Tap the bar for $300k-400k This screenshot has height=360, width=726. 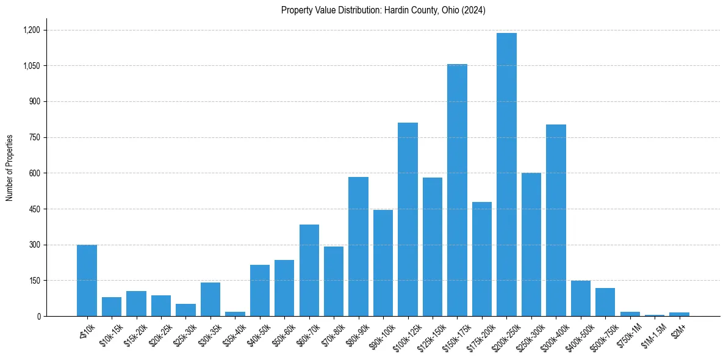pyautogui.click(x=556, y=220)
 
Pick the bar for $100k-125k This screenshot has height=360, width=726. pyautogui.click(x=408, y=220)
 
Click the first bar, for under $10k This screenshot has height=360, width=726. pyautogui.click(x=87, y=281)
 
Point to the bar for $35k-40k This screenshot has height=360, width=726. pyautogui.click(x=235, y=314)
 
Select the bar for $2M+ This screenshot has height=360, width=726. pyautogui.click(x=679, y=314)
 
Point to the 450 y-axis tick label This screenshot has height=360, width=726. pyautogui.click(x=34, y=209)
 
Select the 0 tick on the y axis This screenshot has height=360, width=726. pyautogui.click(x=38, y=317)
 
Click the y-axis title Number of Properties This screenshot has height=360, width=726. pyautogui.click(x=10, y=167)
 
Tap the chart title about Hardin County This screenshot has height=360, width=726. pyautogui.click(x=383, y=10)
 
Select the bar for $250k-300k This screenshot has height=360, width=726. pyautogui.click(x=531, y=245)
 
